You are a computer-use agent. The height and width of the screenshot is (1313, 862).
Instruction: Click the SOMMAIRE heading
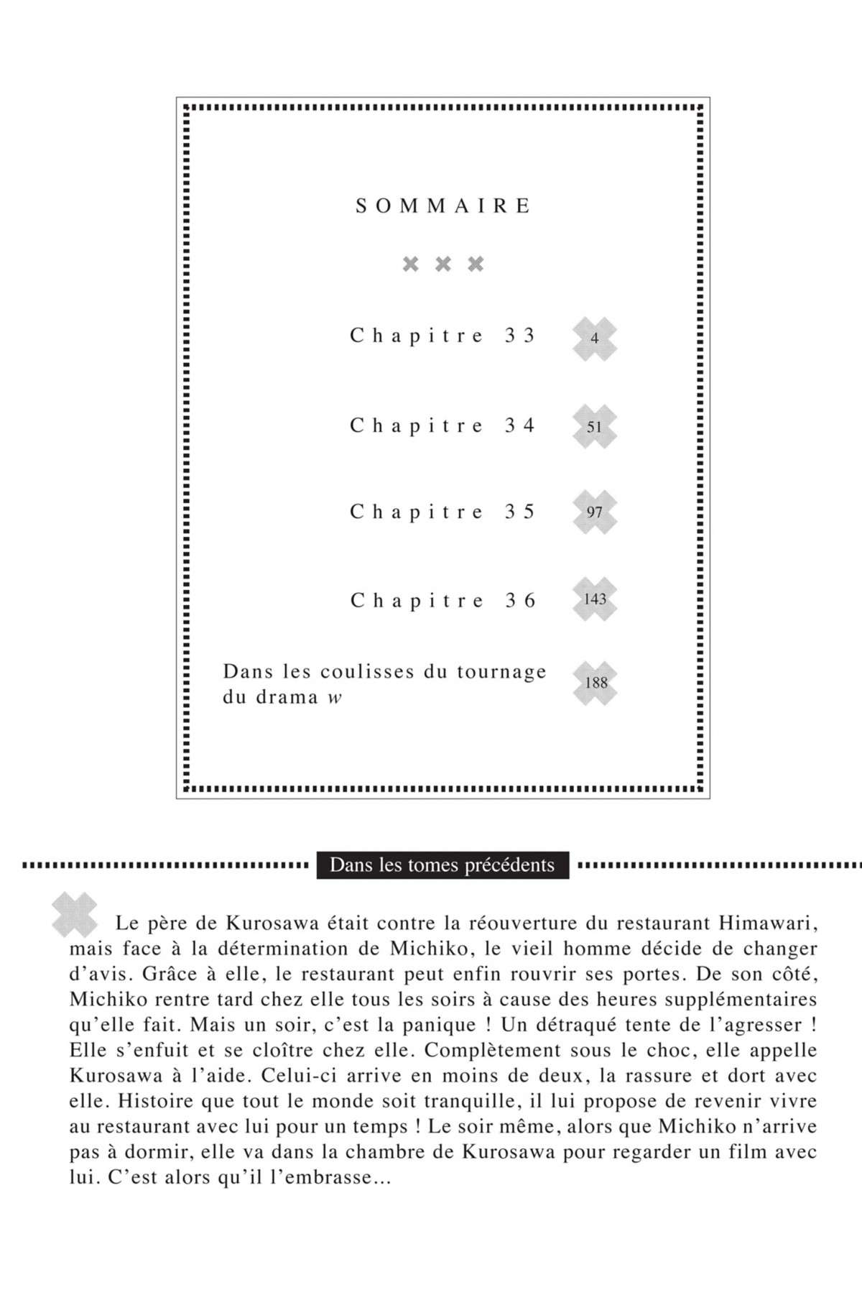443,206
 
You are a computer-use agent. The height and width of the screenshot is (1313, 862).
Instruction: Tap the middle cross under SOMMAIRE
443,264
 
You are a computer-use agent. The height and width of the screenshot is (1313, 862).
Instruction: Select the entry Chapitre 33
442,336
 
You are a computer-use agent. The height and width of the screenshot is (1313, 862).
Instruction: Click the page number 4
595,338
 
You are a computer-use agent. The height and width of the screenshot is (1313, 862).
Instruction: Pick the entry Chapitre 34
442,425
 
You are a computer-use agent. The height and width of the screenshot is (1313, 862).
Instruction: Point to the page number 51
594,427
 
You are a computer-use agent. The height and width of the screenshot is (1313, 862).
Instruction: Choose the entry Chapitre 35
442,512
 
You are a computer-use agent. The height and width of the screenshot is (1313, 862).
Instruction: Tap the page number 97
594,512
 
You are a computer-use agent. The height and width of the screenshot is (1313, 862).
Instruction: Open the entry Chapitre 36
442,600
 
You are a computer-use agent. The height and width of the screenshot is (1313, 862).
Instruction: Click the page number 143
595,599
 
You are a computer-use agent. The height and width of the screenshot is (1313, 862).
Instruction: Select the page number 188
595,683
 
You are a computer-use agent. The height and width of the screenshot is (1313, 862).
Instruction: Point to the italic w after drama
335,697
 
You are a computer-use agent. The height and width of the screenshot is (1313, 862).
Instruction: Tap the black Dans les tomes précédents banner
442,865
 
